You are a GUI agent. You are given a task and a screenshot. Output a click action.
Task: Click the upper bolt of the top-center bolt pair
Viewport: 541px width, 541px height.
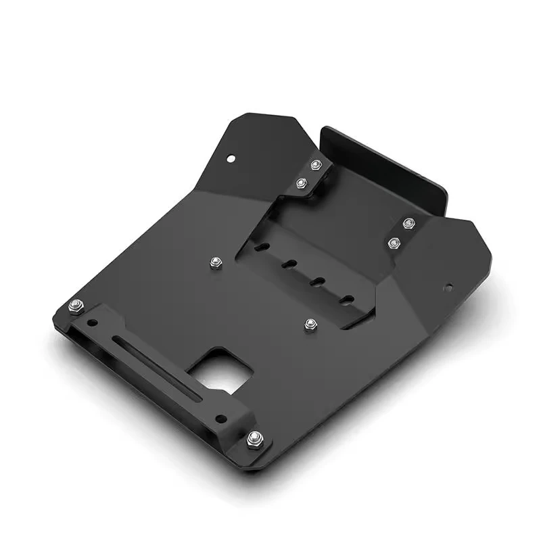click(x=315, y=164)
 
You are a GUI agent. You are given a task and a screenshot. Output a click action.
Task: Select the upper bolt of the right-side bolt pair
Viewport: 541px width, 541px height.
click(x=407, y=223)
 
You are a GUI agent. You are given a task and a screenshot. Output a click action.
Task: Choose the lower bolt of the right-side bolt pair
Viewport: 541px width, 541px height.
click(x=394, y=241)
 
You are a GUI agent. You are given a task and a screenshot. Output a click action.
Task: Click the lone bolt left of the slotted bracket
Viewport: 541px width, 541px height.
click(x=216, y=262)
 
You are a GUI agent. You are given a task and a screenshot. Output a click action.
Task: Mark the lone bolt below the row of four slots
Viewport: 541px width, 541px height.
click(x=310, y=325)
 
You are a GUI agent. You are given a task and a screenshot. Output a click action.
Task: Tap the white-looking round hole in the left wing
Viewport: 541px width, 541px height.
click(x=231, y=159)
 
